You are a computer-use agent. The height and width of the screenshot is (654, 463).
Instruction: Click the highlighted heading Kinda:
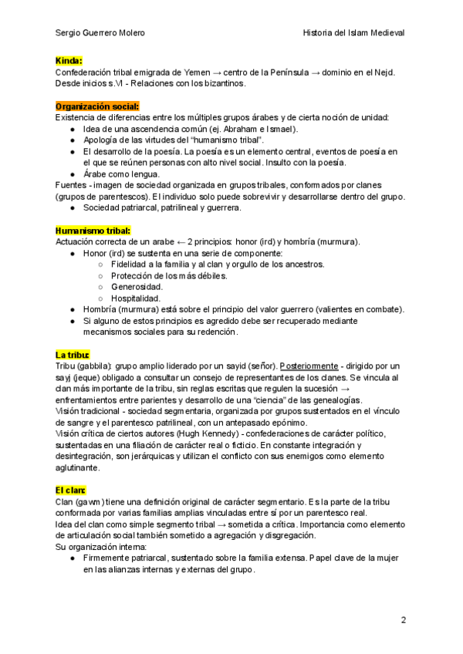click(x=69, y=60)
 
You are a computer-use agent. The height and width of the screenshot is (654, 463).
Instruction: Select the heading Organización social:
click(x=97, y=106)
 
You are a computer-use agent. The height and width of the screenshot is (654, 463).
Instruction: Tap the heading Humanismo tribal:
click(x=93, y=231)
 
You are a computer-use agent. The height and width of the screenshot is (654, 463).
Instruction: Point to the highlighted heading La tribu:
click(x=72, y=354)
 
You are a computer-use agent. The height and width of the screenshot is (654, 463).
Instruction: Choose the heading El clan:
click(x=70, y=490)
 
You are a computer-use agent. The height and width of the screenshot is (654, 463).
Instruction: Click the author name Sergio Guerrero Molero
click(x=100, y=33)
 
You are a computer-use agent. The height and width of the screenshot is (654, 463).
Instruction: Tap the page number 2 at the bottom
click(x=403, y=619)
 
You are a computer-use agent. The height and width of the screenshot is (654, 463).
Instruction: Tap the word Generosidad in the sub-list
click(x=137, y=287)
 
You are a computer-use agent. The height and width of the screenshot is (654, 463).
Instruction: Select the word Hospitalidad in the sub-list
click(x=136, y=298)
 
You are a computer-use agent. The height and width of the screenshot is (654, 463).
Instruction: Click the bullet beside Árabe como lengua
click(x=72, y=174)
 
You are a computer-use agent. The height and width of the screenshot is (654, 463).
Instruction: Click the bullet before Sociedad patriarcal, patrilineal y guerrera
click(x=72, y=208)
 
